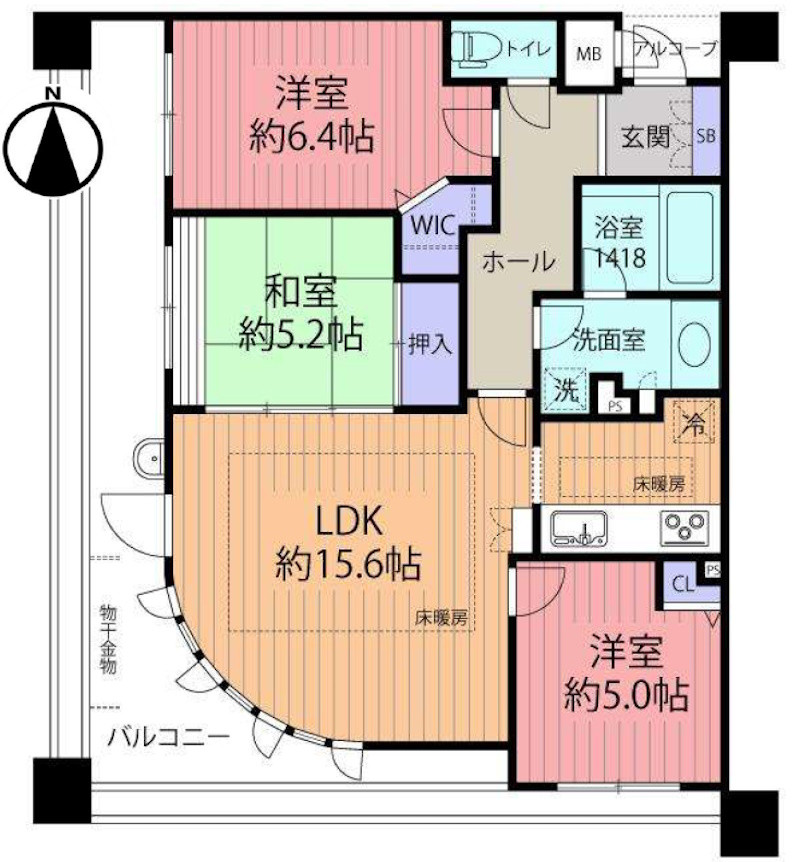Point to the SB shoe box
705,135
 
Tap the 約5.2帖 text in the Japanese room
301,332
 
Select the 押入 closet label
431,344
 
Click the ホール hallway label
518,262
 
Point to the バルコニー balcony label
168,740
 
